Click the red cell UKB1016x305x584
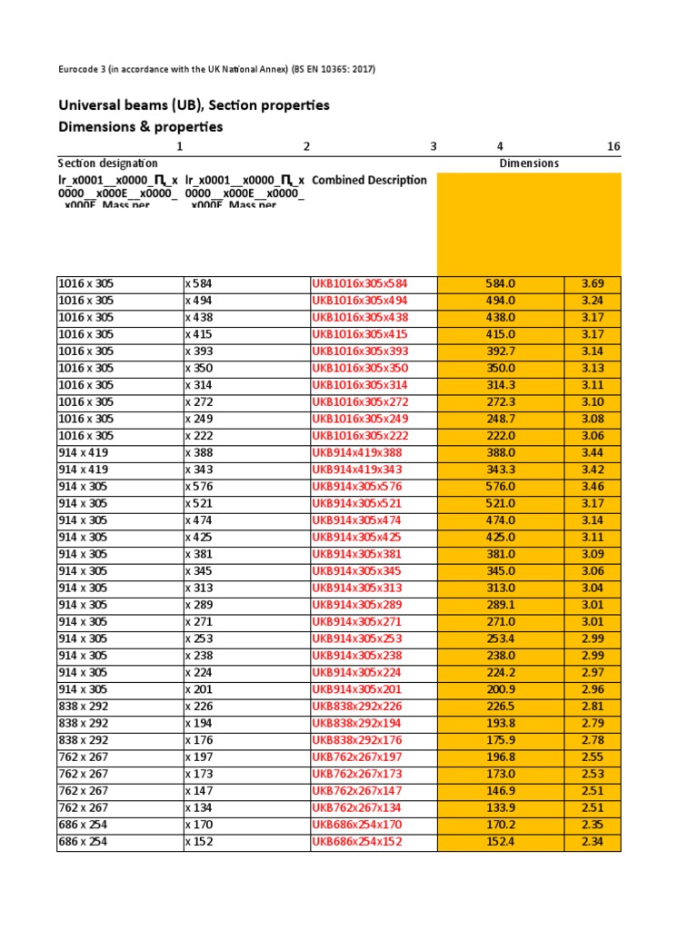tap(360, 283)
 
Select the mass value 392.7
tap(501, 351)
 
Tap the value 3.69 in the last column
tap(593, 283)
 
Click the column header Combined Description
tap(369, 180)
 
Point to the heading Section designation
tap(101, 163)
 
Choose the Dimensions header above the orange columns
tap(529, 163)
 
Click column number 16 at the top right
tap(613, 146)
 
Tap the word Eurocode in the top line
tap(81, 69)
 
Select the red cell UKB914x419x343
tap(357, 470)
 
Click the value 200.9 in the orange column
tap(501, 690)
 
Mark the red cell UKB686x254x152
tap(357, 842)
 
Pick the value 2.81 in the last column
tap(593, 707)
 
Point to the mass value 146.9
tap(501, 791)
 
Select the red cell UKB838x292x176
tap(357, 740)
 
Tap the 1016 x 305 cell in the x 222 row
tap(87, 436)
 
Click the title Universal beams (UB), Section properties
tap(194, 105)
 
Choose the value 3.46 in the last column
tap(593, 487)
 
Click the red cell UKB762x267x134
tap(357, 808)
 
